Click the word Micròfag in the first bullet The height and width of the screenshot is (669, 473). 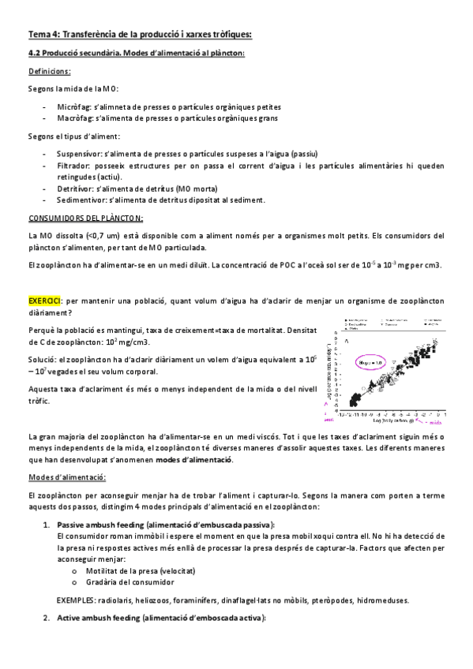point(73,107)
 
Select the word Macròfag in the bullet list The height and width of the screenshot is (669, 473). point(74,119)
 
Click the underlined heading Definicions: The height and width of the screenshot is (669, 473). point(49,70)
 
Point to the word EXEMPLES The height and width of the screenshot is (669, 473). point(77,599)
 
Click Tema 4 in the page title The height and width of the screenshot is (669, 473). point(44,34)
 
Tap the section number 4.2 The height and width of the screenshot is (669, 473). point(35,54)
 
